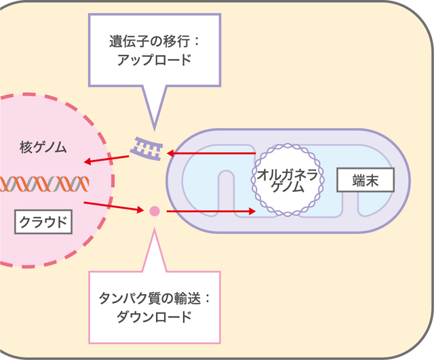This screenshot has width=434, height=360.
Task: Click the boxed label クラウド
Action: [x=43, y=222]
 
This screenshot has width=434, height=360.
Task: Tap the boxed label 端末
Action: [x=366, y=180]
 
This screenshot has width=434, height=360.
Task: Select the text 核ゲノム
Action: [x=43, y=147]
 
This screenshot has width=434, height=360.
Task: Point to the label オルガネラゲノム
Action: [x=288, y=181]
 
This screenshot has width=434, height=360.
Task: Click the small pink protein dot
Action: [x=155, y=211]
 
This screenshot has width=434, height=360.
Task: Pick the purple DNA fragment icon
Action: [x=146, y=148]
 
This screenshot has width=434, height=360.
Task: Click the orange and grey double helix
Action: [x=44, y=184]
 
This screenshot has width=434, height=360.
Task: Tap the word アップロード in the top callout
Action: [x=154, y=60]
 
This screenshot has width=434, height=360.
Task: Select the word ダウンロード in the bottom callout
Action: [x=154, y=317]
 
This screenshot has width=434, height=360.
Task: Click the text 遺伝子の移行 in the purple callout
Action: [x=149, y=41]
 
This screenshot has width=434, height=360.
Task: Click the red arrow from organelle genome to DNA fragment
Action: [x=211, y=153]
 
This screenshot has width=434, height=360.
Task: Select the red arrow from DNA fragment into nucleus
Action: [x=106, y=159]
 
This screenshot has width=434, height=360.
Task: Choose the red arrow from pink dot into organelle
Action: [x=211, y=211]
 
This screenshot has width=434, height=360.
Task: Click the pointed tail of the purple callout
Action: [x=154, y=129]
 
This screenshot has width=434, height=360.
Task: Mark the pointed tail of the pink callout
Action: [x=154, y=228]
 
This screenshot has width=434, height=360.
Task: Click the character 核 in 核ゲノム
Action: [x=26, y=147]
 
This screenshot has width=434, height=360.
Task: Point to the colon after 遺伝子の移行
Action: [x=196, y=42]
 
